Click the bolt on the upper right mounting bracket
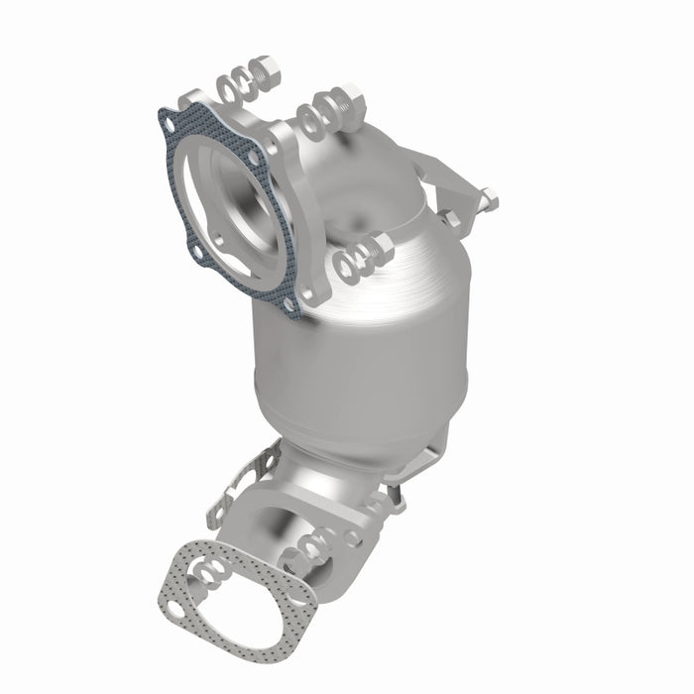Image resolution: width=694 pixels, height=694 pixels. click(x=485, y=201)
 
